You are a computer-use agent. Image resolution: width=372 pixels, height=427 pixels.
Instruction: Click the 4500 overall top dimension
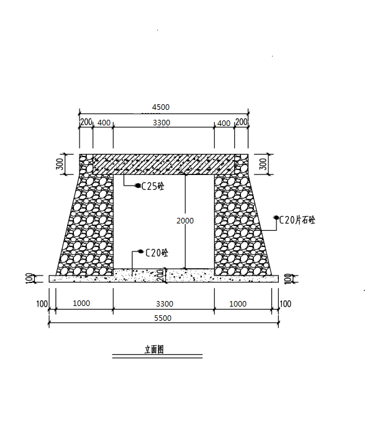tap(161, 107)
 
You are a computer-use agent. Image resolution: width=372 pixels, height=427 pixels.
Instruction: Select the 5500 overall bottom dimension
tap(163, 318)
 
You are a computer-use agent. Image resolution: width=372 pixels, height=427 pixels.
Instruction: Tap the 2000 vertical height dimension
tap(185, 220)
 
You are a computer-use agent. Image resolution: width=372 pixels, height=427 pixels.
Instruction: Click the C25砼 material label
tap(153, 186)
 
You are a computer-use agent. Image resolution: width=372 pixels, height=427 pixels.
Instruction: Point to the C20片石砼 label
tap(297, 220)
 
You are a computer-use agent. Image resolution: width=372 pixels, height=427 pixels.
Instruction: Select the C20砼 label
tap(157, 253)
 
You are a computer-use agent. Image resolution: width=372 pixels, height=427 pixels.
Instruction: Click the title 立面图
tap(154, 349)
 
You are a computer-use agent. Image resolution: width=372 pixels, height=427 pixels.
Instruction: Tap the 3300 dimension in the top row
tap(161, 123)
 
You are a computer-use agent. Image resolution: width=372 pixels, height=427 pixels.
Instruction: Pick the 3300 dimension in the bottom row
tap(165, 303)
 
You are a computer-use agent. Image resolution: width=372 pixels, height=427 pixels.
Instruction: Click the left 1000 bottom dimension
tap(81, 303)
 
